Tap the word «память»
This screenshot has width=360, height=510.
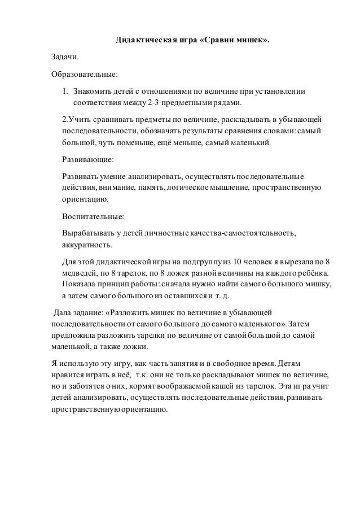148,188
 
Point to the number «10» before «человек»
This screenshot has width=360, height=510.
239,262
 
